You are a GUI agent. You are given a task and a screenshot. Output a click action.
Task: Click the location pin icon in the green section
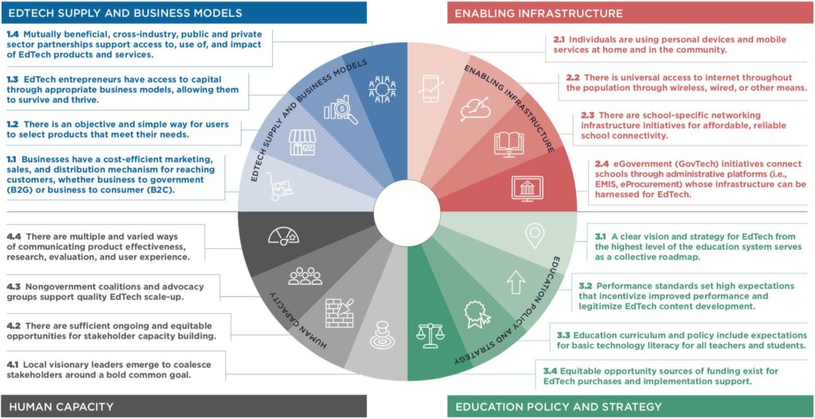point(535,236)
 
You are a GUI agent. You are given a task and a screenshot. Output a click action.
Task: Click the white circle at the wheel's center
point(407,210)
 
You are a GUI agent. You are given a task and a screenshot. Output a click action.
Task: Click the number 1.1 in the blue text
point(13,161)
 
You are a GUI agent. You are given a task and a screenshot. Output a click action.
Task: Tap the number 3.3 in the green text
point(566,335)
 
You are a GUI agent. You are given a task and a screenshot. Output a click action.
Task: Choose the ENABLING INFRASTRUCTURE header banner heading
point(539,13)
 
